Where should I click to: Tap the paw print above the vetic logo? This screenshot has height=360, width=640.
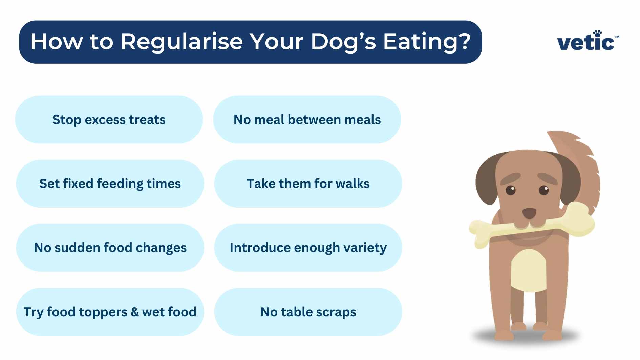click(597, 33)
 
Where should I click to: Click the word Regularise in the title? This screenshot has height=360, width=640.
click(182, 42)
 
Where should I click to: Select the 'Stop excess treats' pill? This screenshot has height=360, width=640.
click(109, 120)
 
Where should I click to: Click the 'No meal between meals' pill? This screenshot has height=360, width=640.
click(307, 120)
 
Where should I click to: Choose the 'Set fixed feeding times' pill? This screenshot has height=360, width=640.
click(110, 184)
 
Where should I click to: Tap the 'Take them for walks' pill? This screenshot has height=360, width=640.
click(308, 184)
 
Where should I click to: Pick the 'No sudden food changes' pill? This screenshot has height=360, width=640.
click(110, 248)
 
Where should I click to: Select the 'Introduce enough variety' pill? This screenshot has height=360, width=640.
click(308, 248)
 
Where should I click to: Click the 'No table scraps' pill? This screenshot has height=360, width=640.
click(308, 312)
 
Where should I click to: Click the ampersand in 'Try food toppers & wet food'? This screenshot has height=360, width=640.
click(135, 312)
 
